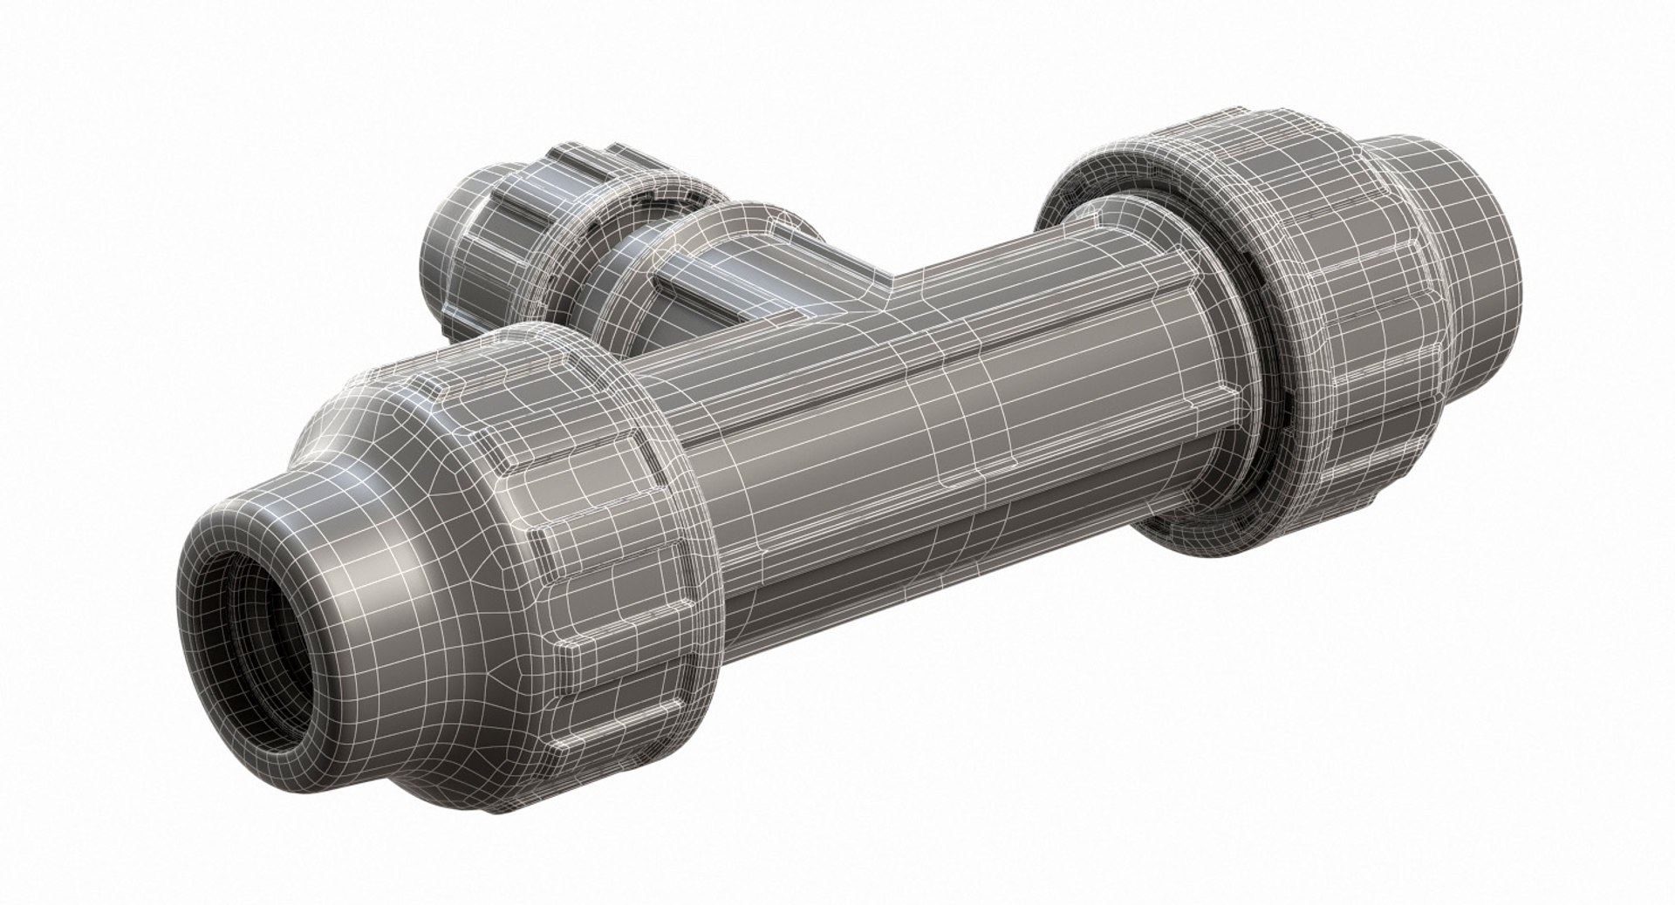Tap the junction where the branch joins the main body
click(881, 288)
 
